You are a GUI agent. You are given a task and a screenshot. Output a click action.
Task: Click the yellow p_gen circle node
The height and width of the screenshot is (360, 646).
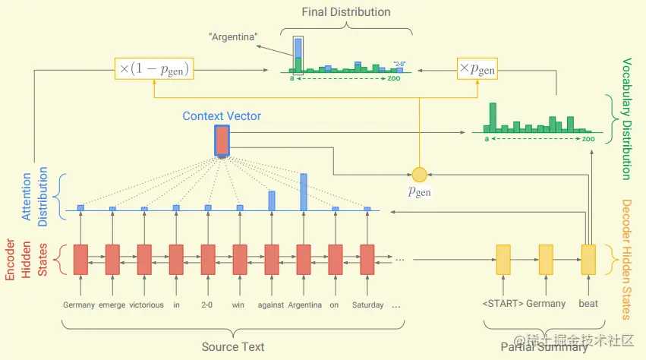click(x=419, y=174)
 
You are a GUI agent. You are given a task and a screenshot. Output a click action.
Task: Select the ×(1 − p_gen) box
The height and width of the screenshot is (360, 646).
click(x=153, y=69)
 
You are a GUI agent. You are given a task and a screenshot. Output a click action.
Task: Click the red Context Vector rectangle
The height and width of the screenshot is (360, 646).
click(x=222, y=141)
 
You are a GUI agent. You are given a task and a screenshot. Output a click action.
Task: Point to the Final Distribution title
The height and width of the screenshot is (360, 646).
click(x=346, y=12)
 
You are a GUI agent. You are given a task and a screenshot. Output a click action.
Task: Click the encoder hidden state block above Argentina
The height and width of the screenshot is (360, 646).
click(x=304, y=259)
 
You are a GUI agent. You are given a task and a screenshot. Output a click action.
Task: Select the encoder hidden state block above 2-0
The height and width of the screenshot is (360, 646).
click(x=208, y=259)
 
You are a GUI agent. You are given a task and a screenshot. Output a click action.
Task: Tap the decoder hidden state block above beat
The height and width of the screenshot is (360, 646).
click(x=588, y=259)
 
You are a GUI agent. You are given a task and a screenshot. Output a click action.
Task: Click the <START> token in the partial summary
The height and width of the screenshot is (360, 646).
click(x=502, y=304)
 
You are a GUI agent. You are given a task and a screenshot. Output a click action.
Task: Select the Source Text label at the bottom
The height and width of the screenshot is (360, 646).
click(x=233, y=347)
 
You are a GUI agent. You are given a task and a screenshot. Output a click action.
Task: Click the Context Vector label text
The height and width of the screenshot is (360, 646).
click(x=222, y=116)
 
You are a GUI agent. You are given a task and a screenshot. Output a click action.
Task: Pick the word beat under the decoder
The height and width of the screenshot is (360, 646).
click(x=588, y=304)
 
